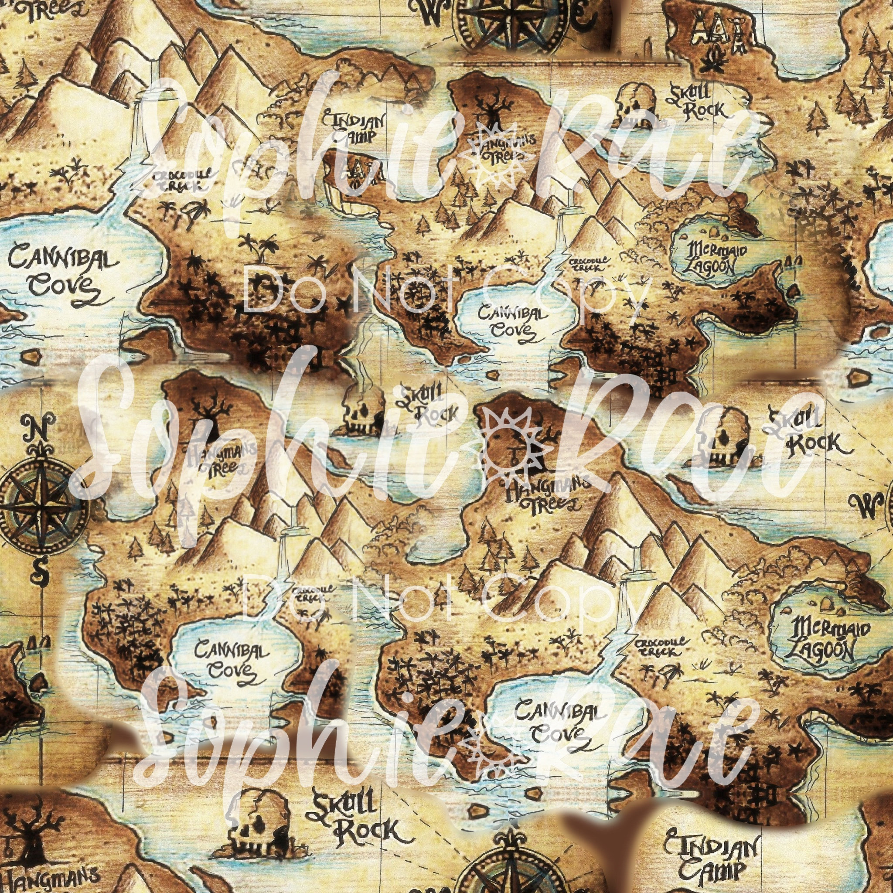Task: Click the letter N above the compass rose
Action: point(39,428)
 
